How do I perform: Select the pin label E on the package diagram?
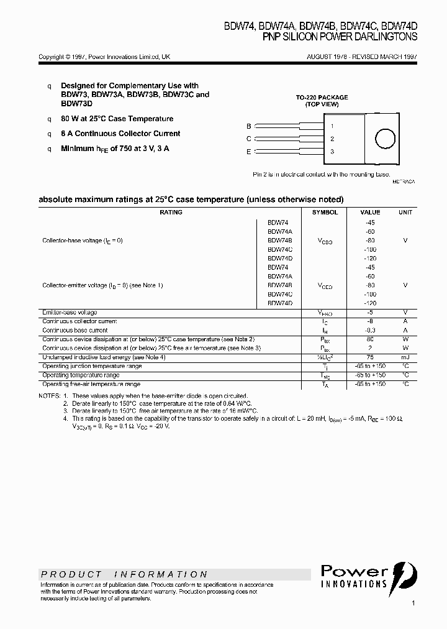[249, 152]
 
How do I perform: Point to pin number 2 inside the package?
[332, 139]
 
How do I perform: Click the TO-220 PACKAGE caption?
[322, 98]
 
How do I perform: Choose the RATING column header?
[171, 213]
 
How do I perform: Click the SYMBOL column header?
[325, 213]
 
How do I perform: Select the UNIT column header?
[405, 213]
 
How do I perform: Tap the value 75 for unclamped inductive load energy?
[370, 357]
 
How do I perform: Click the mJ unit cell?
[405, 357]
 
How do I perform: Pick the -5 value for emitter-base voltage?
[370, 313]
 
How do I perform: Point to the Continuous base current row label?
[74, 331]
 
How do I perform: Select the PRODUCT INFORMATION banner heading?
[125, 574]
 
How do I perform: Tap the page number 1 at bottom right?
[413, 604]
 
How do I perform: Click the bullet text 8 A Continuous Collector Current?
[120, 134]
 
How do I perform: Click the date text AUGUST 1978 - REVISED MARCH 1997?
[362, 57]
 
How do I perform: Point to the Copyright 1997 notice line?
[104, 57]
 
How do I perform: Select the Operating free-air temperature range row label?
[91, 385]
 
